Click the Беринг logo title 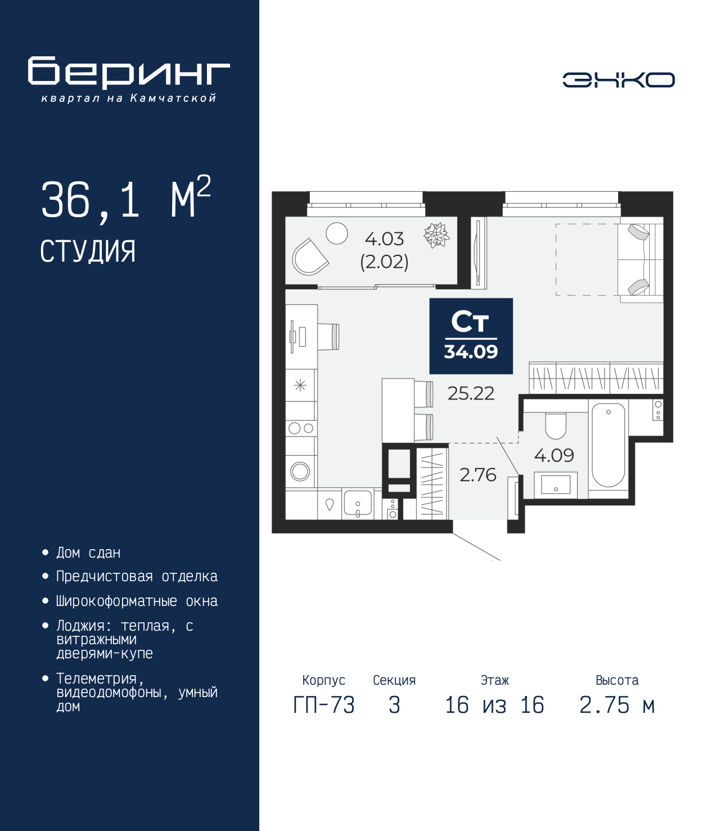129,72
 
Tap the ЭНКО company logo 618,80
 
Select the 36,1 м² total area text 125,199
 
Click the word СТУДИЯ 88,251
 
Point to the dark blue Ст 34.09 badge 471,336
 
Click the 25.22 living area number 471,393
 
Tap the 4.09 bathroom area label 553,455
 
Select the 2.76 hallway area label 478,475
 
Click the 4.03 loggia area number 384,239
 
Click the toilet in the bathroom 556,425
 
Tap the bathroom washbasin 555,484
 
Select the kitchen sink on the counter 357,502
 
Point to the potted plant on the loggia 436,235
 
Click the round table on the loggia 337,233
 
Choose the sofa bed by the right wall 640,259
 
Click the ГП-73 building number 323,705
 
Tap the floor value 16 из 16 494,705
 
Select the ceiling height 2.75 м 616,705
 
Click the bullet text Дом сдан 88,553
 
